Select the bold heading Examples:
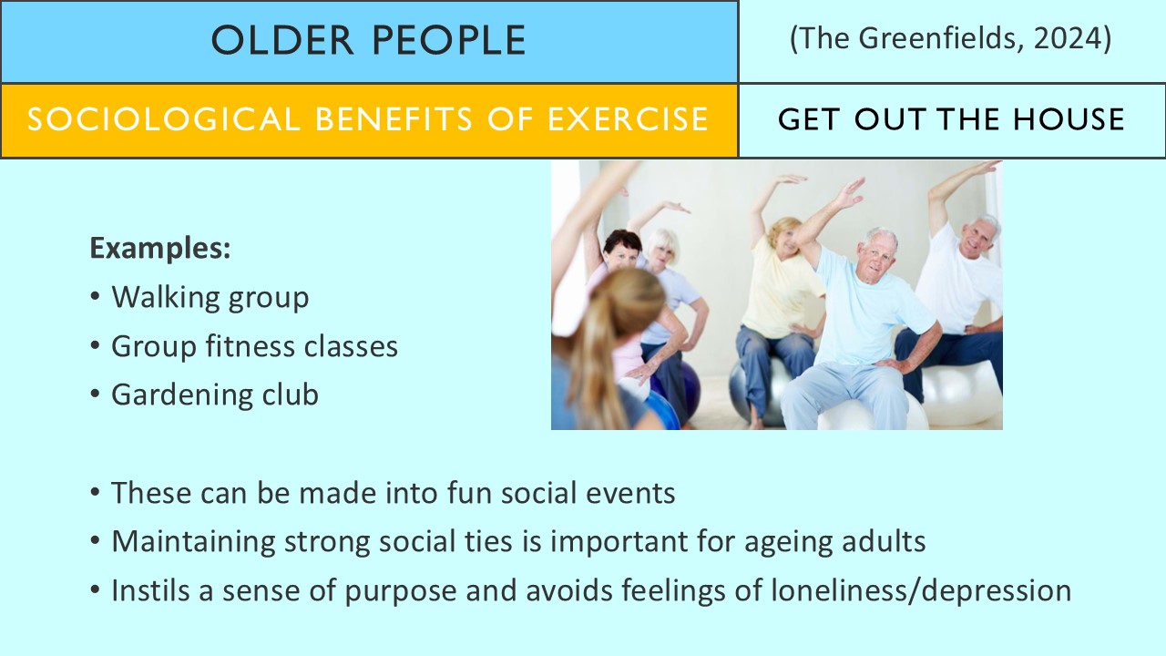point(159,249)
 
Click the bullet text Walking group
point(210,297)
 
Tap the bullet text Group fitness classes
point(254,346)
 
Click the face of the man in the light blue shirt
point(877,258)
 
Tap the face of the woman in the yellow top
point(783,239)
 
